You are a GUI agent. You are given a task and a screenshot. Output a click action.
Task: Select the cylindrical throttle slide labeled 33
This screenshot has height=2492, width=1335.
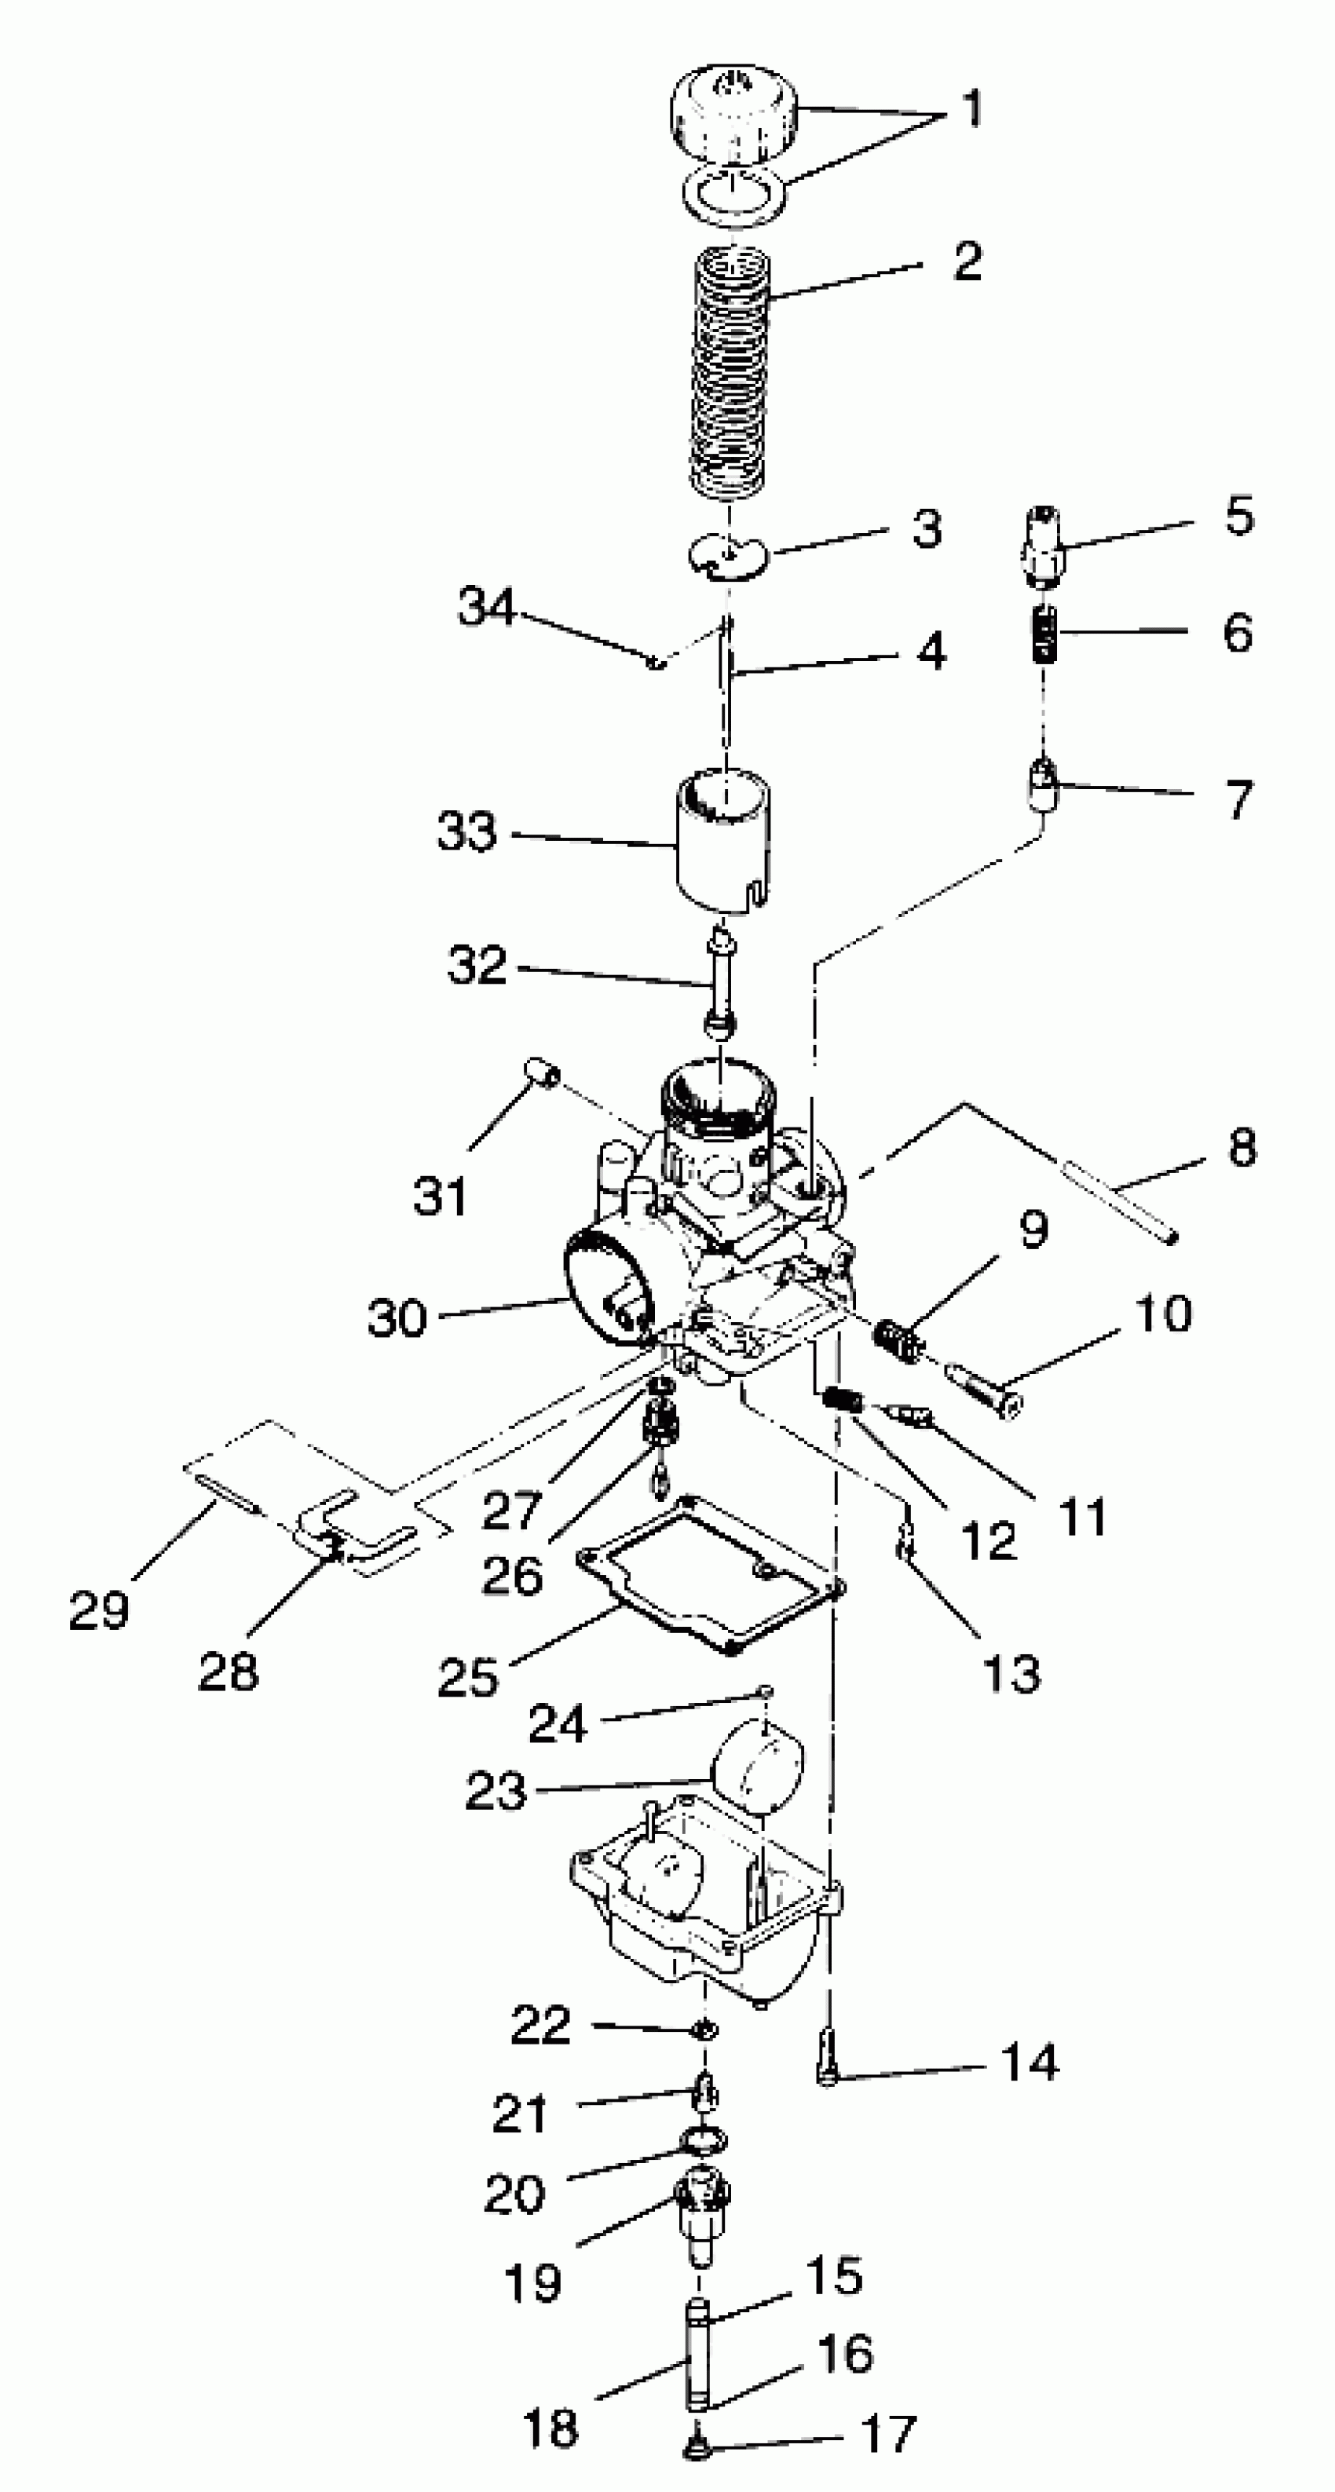(x=722, y=842)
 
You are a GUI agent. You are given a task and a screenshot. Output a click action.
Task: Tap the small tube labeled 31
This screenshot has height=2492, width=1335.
(x=543, y=1074)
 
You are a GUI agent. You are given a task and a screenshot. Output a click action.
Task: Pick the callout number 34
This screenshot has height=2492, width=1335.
(x=487, y=607)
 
